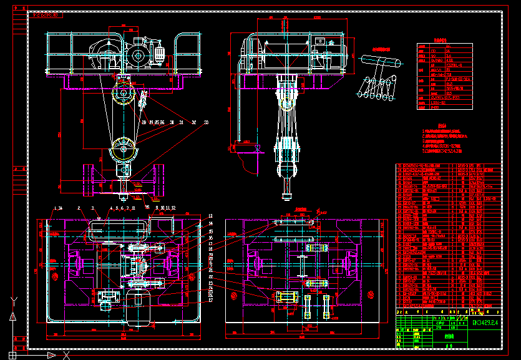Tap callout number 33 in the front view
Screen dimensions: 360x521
[206, 122]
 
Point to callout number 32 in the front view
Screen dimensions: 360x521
[194, 122]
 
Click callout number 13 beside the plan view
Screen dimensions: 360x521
[211, 216]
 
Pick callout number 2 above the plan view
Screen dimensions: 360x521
[79, 208]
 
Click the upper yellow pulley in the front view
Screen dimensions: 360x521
[123, 97]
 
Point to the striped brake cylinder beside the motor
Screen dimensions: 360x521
[158, 56]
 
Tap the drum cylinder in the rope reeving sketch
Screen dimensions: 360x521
[381, 62]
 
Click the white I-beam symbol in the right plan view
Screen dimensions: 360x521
[303, 262]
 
